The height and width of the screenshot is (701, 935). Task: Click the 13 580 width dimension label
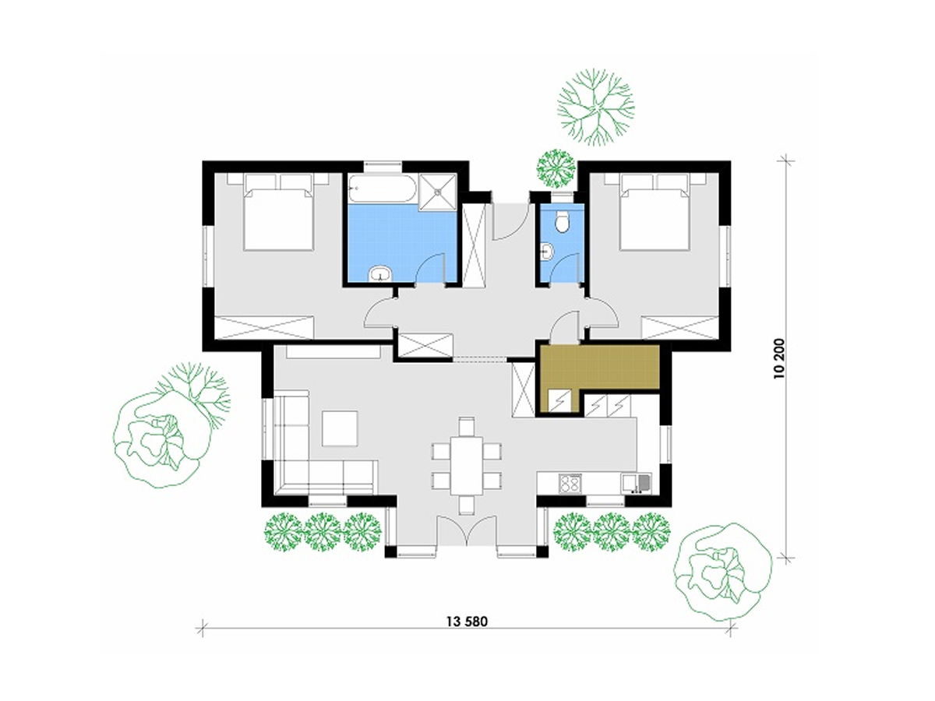pos(467,622)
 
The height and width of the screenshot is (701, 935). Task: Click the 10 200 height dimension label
pos(779,358)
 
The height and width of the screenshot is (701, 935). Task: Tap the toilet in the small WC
pos(563,221)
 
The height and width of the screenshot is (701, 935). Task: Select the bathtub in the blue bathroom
pos(382,188)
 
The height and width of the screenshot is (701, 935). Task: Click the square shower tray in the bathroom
pos(437,192)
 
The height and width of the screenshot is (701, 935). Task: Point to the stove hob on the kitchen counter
pos(570,484)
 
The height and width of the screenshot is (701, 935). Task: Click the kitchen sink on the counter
pos(636,484)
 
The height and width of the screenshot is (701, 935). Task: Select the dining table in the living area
pos(467,466)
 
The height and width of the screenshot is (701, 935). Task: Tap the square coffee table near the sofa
pos(340,428)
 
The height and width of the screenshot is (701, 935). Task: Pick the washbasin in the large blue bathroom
pos(380,273)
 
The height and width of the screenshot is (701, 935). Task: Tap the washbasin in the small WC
pos(546,251)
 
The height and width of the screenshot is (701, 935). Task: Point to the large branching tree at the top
pos(596,107)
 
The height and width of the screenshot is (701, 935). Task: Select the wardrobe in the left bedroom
pos(264,327)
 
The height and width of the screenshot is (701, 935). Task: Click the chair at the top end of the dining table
pos(467,427)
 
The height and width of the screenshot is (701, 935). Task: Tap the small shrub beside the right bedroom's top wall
pos(556,168)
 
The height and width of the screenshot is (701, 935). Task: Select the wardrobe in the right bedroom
pos(680,327)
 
